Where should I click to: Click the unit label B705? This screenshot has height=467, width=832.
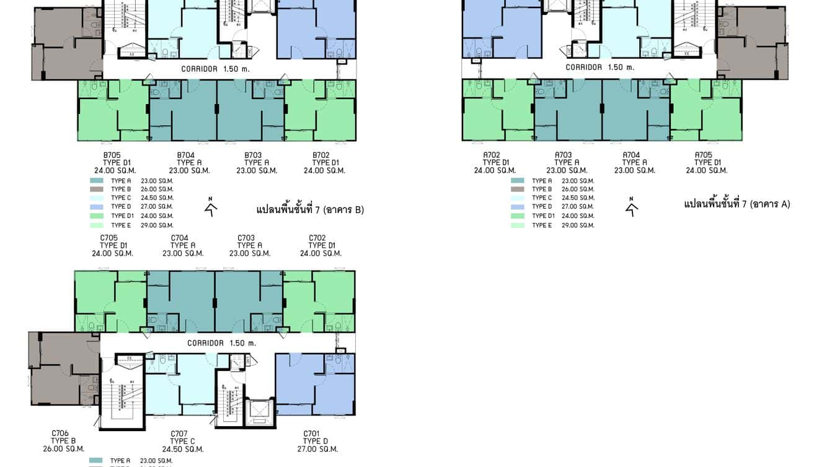pyautogui.click(x=112, y=155)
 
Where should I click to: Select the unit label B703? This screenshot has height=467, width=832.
pyautogui.click(x=253, y=155)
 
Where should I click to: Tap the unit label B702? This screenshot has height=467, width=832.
pyautogui.click(x=321, y=155)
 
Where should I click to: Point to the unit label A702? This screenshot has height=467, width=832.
pyautogui.click(x=492, y=155)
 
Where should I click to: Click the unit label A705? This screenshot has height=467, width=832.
pyautogui.click(x=703, y=155)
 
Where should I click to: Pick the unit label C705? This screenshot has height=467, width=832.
pyautogui.click(x=109, y=237)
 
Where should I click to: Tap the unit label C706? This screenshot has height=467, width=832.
pyautogui.click(x=60, y=433)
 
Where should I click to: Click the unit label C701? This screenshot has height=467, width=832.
pyautogui.click(x=312, y=433)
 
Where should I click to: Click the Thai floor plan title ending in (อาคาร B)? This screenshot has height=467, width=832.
pyautogui.click(x=310, y=210)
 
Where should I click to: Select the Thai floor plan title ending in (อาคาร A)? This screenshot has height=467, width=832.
pyautogui.click(x=737, y=204)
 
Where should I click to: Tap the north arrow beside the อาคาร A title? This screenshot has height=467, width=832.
pyautogui.click(x=632, y=207)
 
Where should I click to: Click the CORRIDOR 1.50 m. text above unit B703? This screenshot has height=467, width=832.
pyautogui.click(x=215, y=69)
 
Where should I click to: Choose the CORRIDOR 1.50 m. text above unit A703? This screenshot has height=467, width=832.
pyautogui.click(x=600, y=67)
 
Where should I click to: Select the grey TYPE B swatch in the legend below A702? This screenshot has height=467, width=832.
pyautogui.click(x=518, y=189)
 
